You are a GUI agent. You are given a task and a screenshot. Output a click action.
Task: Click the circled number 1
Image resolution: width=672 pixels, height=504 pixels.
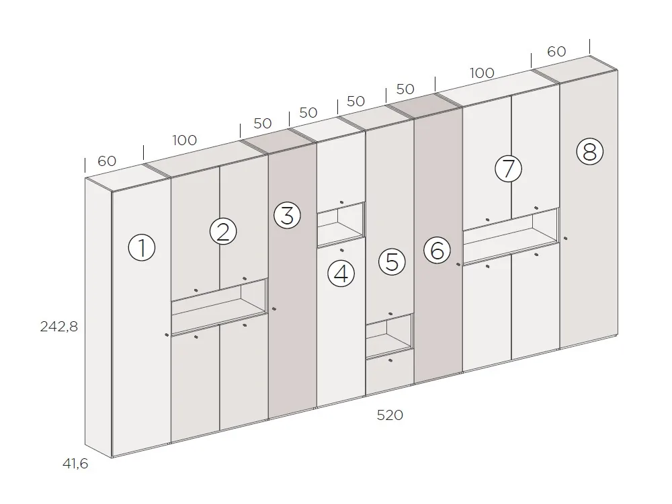tap(142, 247)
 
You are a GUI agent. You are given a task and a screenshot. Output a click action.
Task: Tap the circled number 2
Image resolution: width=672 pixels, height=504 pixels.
tap(223, 232)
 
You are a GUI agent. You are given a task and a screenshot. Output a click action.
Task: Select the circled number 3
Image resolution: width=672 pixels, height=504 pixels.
tap(288, 215)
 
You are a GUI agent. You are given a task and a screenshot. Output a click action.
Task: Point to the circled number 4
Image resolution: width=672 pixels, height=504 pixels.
tap(341, 274)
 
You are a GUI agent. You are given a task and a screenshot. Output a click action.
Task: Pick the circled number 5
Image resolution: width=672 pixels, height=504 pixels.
tap(392, 262)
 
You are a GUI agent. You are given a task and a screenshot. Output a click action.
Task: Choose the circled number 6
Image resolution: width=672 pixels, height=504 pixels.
tap(437, 250)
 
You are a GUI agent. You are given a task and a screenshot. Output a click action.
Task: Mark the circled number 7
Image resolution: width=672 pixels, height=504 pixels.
tap(508, 169)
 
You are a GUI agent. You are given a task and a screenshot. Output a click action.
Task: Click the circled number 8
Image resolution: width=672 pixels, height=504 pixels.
tap(590, 151)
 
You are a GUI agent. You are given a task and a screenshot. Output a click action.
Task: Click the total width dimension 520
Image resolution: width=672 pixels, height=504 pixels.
tap(390, 415)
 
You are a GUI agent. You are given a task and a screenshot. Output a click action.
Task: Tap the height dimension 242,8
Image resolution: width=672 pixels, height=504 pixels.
tap(59, 327)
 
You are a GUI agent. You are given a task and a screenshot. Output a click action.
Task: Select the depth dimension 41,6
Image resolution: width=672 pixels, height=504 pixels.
tap(75, 463)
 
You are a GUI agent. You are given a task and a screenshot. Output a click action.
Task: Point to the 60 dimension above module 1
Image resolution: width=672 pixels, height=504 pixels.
tap(107, 161)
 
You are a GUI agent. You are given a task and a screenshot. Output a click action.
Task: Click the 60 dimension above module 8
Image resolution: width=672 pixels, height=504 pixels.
tap(556, 52)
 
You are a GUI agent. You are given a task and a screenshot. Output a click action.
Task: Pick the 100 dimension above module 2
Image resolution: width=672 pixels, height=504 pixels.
tap(185, 140)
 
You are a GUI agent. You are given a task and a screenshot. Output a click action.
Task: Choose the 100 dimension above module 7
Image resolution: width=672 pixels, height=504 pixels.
tap(482, 73)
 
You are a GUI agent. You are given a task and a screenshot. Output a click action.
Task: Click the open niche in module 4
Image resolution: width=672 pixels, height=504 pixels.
tap(341, 224)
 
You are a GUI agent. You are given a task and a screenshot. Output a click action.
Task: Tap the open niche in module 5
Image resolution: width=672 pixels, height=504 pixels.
tap(389, 336)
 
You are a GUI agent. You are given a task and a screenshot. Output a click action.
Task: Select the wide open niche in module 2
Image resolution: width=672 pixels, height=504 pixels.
tap(220, 307)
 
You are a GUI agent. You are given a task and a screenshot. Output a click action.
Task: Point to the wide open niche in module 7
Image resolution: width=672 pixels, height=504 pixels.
tap(511, 237)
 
